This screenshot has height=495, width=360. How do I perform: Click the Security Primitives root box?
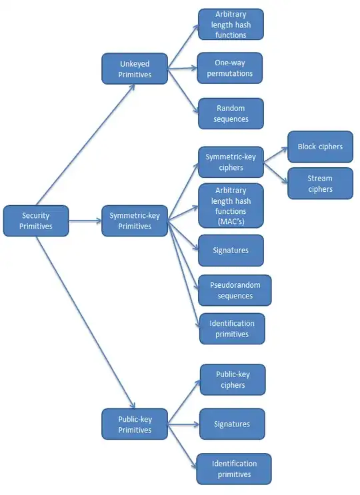coord(36,221)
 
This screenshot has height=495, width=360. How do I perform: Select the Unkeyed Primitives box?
coord(135,69)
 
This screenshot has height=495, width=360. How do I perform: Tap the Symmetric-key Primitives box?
coord(135,221)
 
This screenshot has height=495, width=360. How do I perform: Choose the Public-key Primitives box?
coord(135,424)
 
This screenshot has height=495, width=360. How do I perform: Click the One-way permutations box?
coord(231,69)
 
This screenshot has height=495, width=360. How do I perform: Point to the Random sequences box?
coord(231,113)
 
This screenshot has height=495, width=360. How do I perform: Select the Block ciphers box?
coord(320,147)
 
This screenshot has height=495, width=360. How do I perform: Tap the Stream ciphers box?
coord(320,183)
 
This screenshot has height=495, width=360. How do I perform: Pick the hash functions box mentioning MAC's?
coord(231,206)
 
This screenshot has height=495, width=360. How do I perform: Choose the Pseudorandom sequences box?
coord(235,290)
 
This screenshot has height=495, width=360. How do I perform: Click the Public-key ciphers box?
coord(232,380)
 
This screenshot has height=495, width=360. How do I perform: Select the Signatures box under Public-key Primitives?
coord(232,424)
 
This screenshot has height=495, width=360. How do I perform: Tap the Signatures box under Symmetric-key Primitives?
coord(231,250)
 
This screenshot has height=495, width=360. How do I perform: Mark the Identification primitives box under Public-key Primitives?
coord(234,469)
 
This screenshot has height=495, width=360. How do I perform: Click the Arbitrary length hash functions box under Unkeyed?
coord(231,25)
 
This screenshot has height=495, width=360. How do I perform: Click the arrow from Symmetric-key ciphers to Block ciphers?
coord(275,154)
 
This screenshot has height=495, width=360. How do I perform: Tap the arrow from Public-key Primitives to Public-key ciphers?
coord(184,401)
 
